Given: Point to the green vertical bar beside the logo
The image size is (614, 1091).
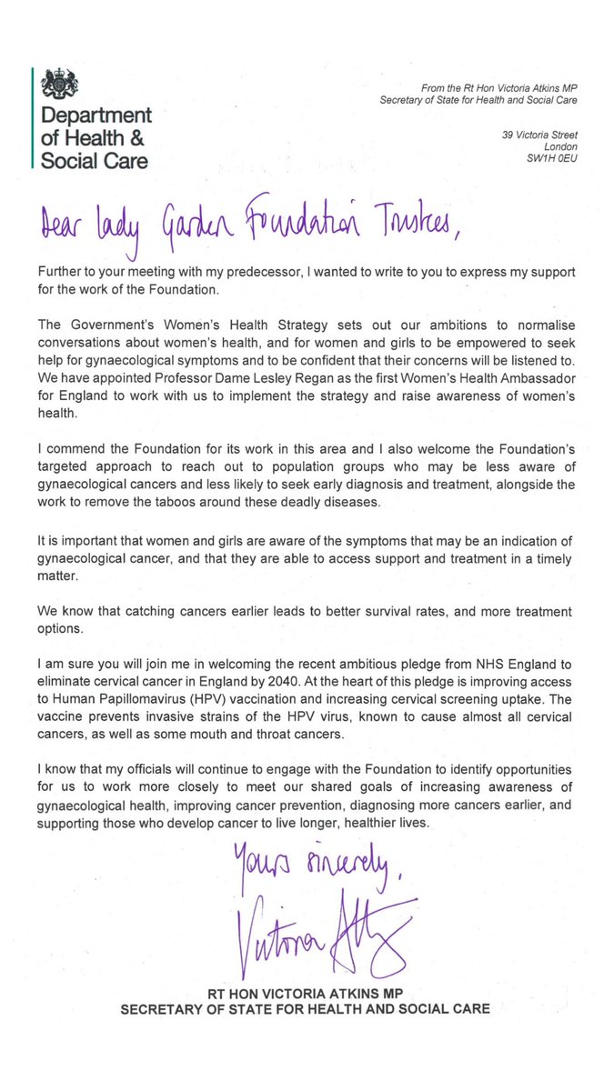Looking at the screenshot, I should click(34, 119).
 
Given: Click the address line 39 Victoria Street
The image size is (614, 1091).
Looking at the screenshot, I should click(539, 135).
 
